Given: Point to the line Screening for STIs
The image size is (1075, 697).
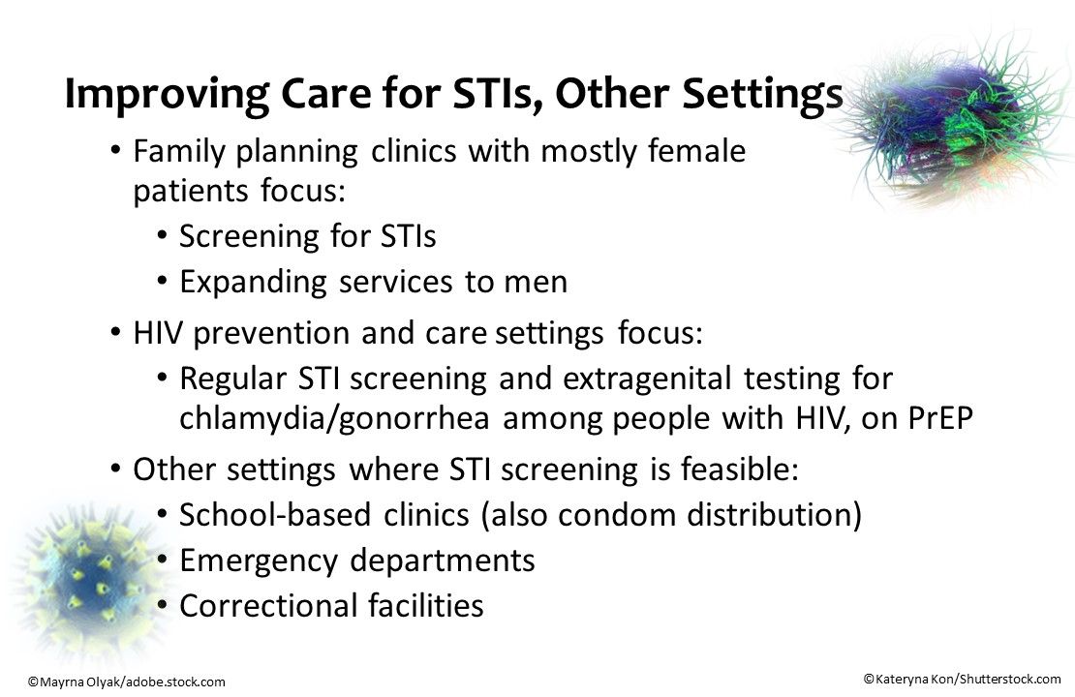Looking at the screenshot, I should (308, 236).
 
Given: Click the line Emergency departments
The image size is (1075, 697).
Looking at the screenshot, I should (356, 561).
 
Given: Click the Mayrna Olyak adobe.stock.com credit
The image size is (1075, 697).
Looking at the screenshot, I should (126, 682).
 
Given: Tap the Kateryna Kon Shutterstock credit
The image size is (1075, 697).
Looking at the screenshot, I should (962, 680).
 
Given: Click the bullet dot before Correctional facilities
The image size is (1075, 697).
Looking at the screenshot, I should (162, 607).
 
